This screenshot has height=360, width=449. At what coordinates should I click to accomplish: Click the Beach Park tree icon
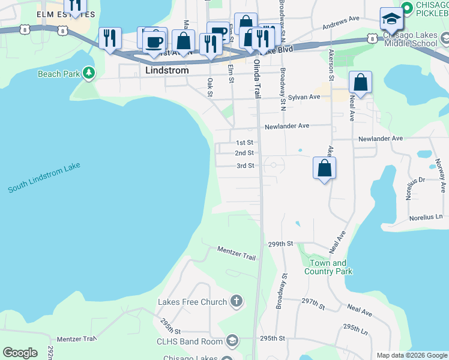(89, 73)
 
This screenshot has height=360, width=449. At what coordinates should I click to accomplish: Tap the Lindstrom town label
(167, 70)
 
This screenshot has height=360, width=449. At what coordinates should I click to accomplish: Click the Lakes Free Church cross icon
(237, 301)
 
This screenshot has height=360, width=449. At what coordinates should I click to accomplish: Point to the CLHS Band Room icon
(232, 341)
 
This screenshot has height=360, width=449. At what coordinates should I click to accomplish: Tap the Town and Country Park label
(328, 267)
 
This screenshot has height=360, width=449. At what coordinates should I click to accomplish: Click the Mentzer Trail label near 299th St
(237, 253)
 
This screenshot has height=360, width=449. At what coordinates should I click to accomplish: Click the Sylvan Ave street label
(303, 97)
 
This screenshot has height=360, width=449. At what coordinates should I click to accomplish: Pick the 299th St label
(280, 244)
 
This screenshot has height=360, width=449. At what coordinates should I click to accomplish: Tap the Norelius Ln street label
(427, 217)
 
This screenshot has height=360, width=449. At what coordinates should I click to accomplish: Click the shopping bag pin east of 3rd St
(324, 170)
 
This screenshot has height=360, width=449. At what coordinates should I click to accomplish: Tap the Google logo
(20, 353)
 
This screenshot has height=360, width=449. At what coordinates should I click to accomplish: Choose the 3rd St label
(245, 166)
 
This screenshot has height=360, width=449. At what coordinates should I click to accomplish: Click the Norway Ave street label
(439, 171)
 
